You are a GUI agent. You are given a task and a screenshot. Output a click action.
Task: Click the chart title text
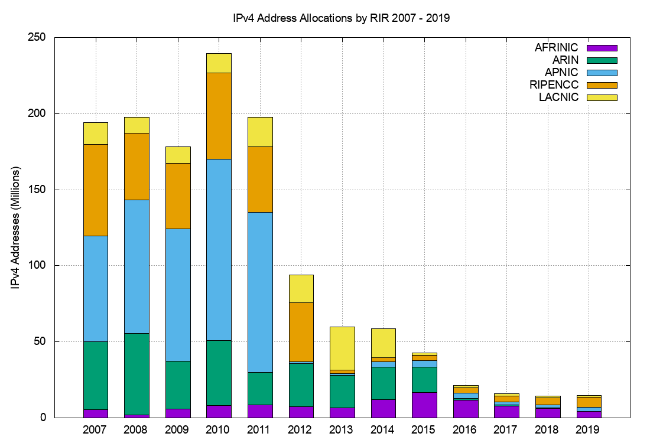tap(342, 18)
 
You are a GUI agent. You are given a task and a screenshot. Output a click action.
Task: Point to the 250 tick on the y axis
tap(38, 37)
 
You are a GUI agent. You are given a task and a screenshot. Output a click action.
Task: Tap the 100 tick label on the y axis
tap(38, 266)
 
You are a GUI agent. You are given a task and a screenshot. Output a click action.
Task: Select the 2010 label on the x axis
tap(219, 429)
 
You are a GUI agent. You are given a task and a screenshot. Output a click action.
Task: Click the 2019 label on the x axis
tap(589, 429)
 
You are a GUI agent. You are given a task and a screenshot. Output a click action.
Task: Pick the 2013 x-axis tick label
tap(342, 429)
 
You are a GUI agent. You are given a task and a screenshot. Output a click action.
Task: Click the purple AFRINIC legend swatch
tap(602, 48)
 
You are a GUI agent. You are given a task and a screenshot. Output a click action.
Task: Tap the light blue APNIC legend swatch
tap(602, 73)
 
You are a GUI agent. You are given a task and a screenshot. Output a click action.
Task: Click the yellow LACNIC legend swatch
tap(602, 97)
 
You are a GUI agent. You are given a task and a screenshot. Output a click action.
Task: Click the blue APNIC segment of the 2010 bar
tap(219, 250)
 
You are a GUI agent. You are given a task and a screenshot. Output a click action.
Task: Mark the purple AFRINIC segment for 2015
tap(424, 405)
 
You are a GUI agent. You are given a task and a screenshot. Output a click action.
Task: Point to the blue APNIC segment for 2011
tap(260, 292)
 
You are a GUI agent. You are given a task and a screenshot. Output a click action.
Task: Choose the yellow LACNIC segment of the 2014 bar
tap(383, 343)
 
